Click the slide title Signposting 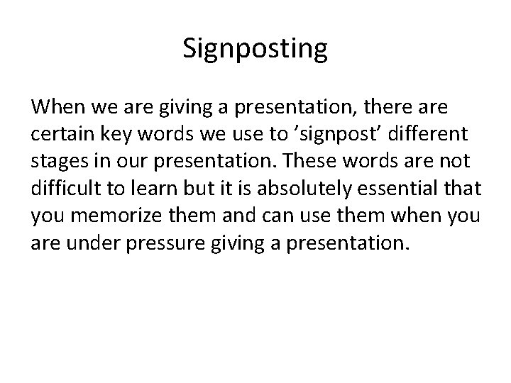255,49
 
